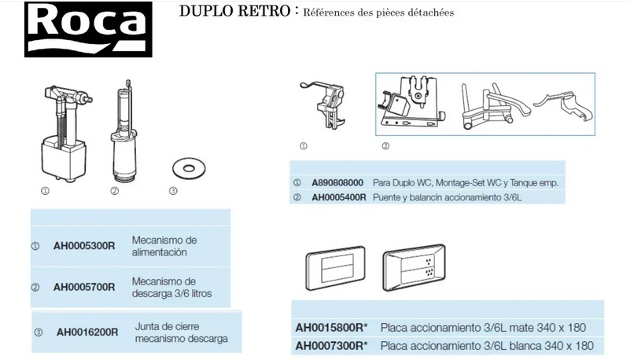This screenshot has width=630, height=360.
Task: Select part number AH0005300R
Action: tap(83, 245)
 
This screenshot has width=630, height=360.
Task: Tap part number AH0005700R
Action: tap(83, 287)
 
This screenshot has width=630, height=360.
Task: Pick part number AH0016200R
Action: tap(87, 332)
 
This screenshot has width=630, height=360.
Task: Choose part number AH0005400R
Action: tap(339, 197)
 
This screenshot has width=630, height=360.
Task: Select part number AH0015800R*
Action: tap(331, 327)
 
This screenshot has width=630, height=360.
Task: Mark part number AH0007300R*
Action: tap(331, 345)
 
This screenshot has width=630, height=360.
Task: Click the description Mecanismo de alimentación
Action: tap(164, 245)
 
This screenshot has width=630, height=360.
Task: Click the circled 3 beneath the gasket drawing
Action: tap(172, 191)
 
